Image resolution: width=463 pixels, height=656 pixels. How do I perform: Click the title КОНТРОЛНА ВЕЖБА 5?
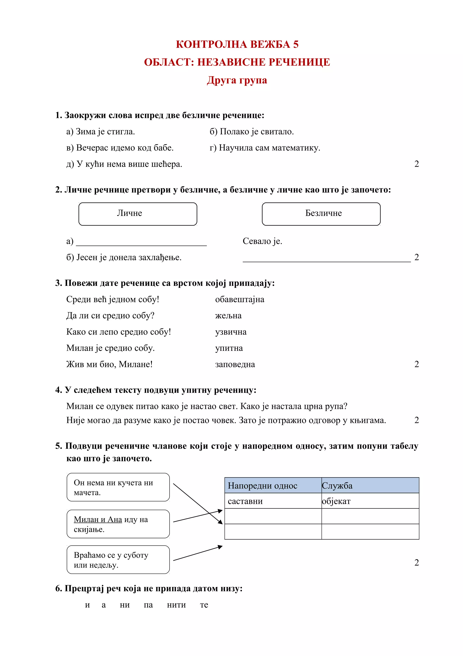237,44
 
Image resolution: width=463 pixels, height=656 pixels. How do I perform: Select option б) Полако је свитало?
252,132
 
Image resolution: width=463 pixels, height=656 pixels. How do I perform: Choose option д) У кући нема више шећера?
124,164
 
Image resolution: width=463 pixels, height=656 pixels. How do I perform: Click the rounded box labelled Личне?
138,214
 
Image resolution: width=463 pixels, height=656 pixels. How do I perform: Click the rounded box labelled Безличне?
321,214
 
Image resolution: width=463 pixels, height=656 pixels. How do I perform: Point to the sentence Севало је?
262,241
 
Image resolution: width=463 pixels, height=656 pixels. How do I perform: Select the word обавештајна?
240,299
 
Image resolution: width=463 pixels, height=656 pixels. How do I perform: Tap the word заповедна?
235,364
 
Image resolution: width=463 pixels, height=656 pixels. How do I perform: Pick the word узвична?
231,332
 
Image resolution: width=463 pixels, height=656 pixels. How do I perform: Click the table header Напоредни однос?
262,486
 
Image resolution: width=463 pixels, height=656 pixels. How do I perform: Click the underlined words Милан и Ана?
98,520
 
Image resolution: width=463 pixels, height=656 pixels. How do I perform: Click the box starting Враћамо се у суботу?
118,560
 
